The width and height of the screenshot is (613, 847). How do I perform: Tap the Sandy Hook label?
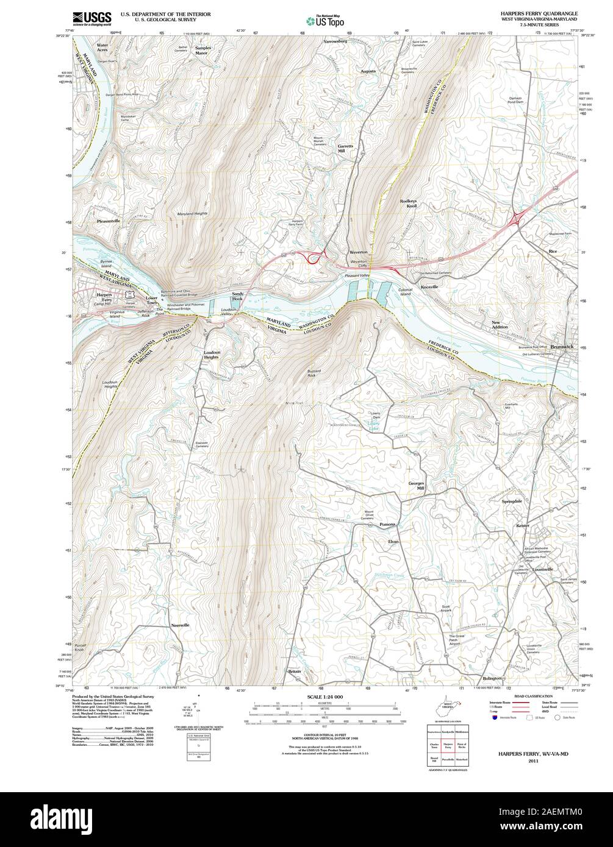point(237,296)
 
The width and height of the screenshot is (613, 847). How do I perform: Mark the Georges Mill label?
point(415,486)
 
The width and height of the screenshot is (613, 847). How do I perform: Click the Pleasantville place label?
point(109,221)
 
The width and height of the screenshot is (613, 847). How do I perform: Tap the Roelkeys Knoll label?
point(408,204)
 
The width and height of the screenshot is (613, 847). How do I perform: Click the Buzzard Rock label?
point(314,373)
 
